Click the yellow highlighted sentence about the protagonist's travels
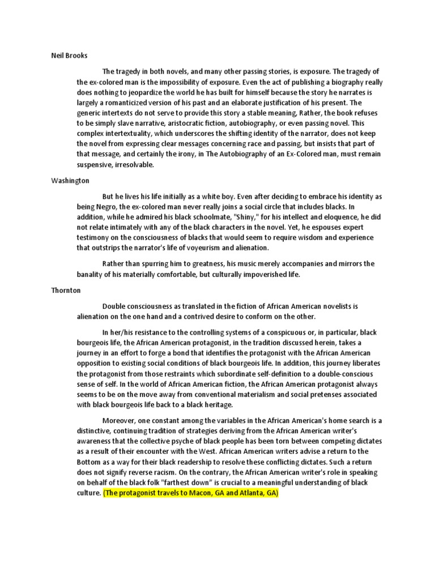coord(191,493)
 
